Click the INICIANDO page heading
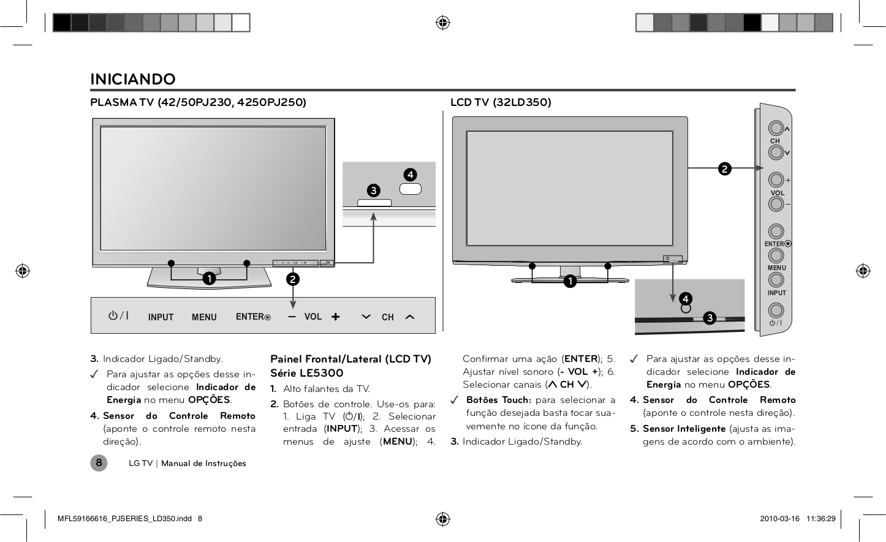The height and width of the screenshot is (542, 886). click(x=133, y=79)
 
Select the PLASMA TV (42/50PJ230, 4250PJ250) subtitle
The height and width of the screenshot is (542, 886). click(x=198, y=102)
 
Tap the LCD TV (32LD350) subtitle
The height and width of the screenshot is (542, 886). click(x=501, y=102)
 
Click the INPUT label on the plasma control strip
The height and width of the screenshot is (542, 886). click(x=161, y=317)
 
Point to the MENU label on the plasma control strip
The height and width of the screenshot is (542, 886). click(x=204, y=317)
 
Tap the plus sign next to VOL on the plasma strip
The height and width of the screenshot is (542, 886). click(x=335, y=317)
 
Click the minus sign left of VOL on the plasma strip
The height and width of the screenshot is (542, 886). click(x=292, y=317)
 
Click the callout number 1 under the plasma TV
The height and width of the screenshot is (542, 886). click(x=209, y=279)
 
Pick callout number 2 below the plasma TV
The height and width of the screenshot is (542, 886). click(x=293, y=279)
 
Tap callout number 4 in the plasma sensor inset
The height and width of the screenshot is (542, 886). click(x=410, y=175)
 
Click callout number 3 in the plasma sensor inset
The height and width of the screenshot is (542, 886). click(x=373, y=190)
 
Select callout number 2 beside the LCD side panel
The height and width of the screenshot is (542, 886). click(x=725, y=168)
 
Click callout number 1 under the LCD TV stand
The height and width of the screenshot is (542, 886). click(x=570, y=281)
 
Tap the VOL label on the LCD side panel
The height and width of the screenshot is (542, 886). click(x=777, y=193)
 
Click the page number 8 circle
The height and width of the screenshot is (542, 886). click(x=99, y=463)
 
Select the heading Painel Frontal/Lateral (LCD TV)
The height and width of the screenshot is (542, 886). click(x=350, y=359)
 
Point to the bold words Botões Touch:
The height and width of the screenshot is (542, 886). click(x=498, y=400)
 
